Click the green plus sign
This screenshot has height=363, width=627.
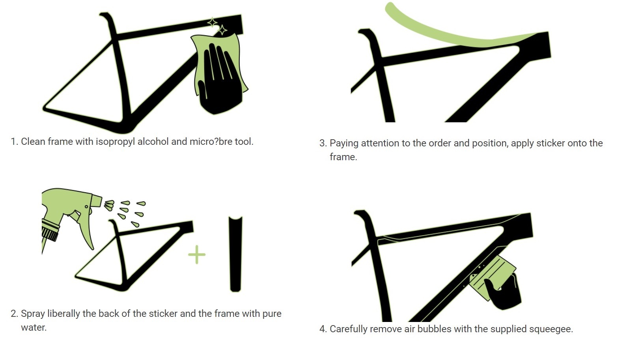pos(197,254)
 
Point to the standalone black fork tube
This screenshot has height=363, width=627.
pos(235,254)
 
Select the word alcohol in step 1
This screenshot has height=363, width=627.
pos(153,141)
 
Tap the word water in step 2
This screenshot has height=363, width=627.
pos(34,328)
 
